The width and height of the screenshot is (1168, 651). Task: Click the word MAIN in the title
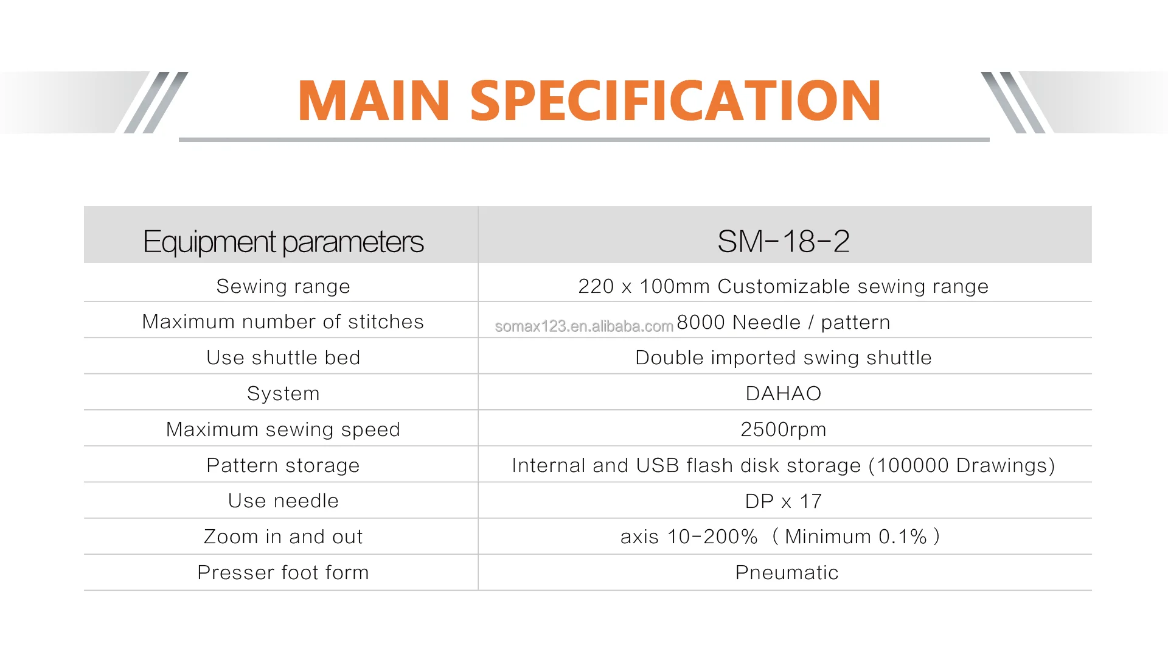click(x=374, y=100)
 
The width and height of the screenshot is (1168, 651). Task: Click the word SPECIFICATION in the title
click(x=675, y=100)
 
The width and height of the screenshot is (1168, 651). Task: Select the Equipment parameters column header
click(x=283, y=242)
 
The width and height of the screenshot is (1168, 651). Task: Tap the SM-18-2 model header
click(x=784, y=241)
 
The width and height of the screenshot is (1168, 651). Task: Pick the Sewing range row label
click(x=283, y=287)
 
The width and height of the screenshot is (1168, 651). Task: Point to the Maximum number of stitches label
click(x=283, y=322)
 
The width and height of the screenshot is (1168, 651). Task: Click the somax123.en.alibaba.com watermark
click(x=584, y=326)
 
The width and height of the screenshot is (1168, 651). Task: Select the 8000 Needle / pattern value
click(x=784, y=322)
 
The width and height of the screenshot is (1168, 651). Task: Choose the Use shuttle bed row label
click(x=283, y=357)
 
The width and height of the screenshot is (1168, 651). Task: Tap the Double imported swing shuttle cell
click(x=784, y=358)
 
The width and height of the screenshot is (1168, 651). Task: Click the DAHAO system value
click(x=784, y=393)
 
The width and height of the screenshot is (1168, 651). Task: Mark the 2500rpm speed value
click(x=784, y=430)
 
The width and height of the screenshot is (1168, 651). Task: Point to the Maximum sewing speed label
click(x=283, y=430)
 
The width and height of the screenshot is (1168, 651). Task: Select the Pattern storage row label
click(x=283, y=465)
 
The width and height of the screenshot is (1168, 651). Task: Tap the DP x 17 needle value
click(x=784, y=501)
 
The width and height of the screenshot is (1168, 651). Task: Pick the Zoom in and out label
click(x=283, y=537)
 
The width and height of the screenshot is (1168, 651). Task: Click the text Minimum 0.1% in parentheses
click(x=856, y=537)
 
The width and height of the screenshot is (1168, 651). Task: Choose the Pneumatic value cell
click(x=787, y=572)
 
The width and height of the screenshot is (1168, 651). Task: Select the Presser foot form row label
click(x=283, y=572)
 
